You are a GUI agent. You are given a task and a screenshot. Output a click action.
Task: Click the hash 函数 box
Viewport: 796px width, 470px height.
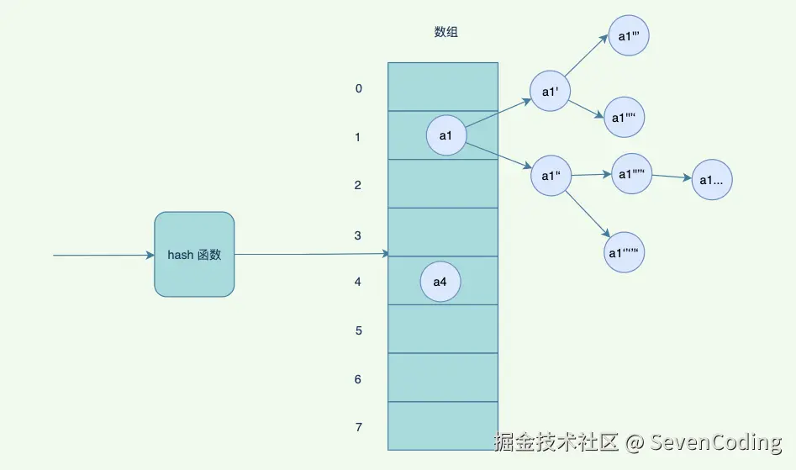(194, 254)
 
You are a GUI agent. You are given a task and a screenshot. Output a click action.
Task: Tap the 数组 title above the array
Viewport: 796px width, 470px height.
(446, 32)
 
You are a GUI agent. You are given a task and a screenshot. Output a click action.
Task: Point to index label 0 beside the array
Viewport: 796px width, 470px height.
(359, 88)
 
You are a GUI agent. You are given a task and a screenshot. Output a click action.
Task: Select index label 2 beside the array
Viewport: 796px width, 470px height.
(358, 185)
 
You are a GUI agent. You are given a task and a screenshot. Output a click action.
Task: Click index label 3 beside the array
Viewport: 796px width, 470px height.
(358, 235)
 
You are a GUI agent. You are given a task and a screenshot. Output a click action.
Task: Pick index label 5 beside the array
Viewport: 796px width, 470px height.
(358, 330)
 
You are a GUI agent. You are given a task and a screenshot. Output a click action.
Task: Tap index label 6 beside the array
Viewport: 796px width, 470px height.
(358, 379)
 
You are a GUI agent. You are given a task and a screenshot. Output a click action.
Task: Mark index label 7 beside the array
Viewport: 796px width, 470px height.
(358, 427)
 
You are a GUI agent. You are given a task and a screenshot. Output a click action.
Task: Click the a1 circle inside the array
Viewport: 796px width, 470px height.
(446, 135)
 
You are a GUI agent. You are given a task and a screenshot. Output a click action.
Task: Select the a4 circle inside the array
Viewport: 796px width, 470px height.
(440, 282)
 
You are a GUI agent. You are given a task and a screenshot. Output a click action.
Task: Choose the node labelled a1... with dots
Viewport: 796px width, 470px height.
(713, 180)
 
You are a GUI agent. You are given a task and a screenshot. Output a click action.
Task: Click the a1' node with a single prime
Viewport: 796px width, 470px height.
(551, 92)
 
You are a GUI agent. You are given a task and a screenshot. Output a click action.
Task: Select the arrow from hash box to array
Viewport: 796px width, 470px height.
(311, 254)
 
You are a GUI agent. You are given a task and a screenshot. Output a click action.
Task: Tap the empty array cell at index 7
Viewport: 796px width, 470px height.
(442, 425)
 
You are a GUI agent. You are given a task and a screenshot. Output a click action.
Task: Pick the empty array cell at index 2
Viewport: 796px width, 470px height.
(442, 183)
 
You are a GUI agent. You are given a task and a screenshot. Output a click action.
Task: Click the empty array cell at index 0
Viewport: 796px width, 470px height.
(442, 86)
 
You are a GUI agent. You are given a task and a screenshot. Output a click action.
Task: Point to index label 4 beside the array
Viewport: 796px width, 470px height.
(358, 282)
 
